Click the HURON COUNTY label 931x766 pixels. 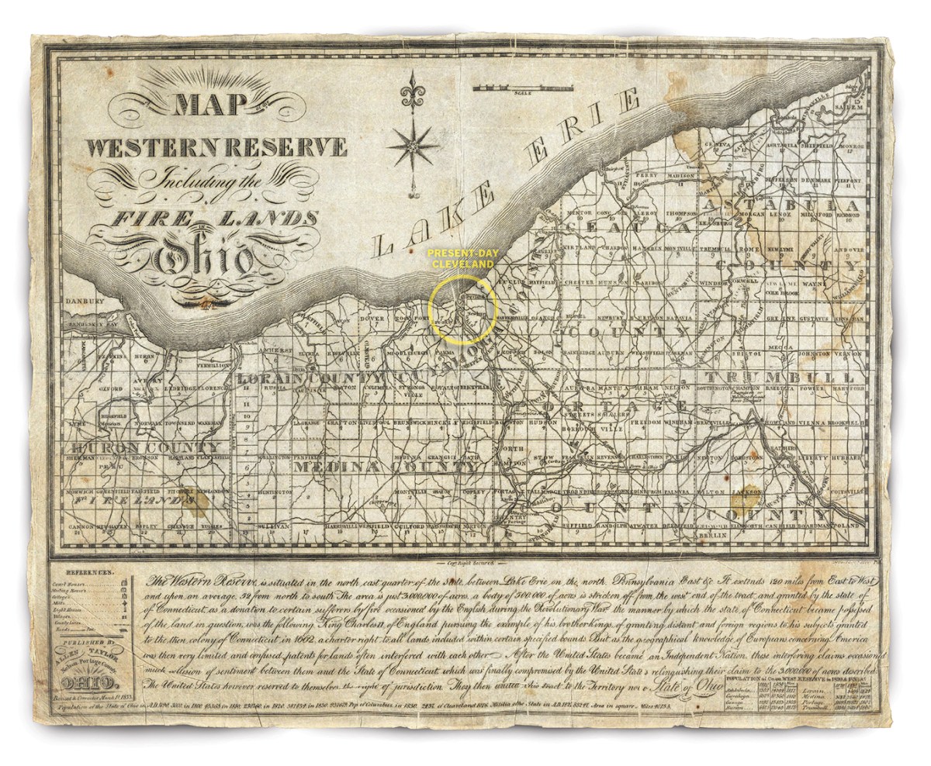146,449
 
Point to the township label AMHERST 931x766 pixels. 275,350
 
